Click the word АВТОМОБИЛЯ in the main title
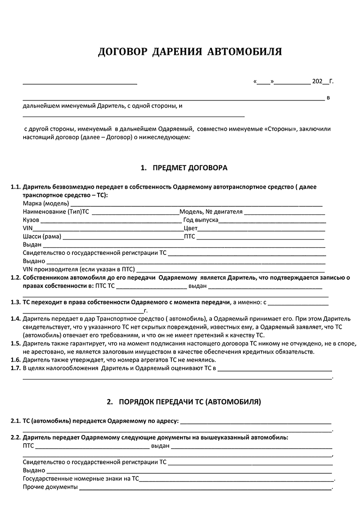coord(244,52)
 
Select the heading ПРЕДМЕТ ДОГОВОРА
coord(190,168)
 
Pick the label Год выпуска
coord(201,220)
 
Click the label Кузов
coord(31,220)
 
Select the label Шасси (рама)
coord(42,237)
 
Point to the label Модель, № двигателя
coord(211,212)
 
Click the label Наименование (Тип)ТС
coord(56,212)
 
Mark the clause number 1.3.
coord(15,302)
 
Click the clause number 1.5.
coord(15,344)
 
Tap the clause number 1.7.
coord(15,369)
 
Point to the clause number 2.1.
coord(15,422)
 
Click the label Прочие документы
coord(50,487)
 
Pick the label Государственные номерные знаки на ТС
coord(81,479)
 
